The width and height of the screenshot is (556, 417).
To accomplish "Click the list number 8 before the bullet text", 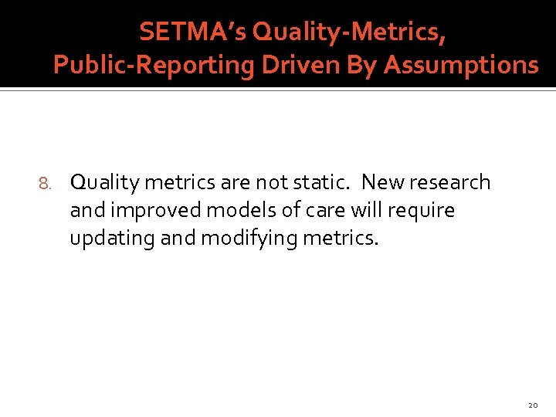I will point(44,184).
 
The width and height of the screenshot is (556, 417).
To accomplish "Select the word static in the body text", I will point(318,182).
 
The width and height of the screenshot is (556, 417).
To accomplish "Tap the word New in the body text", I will point(380,182).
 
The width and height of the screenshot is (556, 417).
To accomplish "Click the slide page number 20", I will point(533,405).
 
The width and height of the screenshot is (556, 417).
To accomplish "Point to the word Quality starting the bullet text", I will point(104,182).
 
